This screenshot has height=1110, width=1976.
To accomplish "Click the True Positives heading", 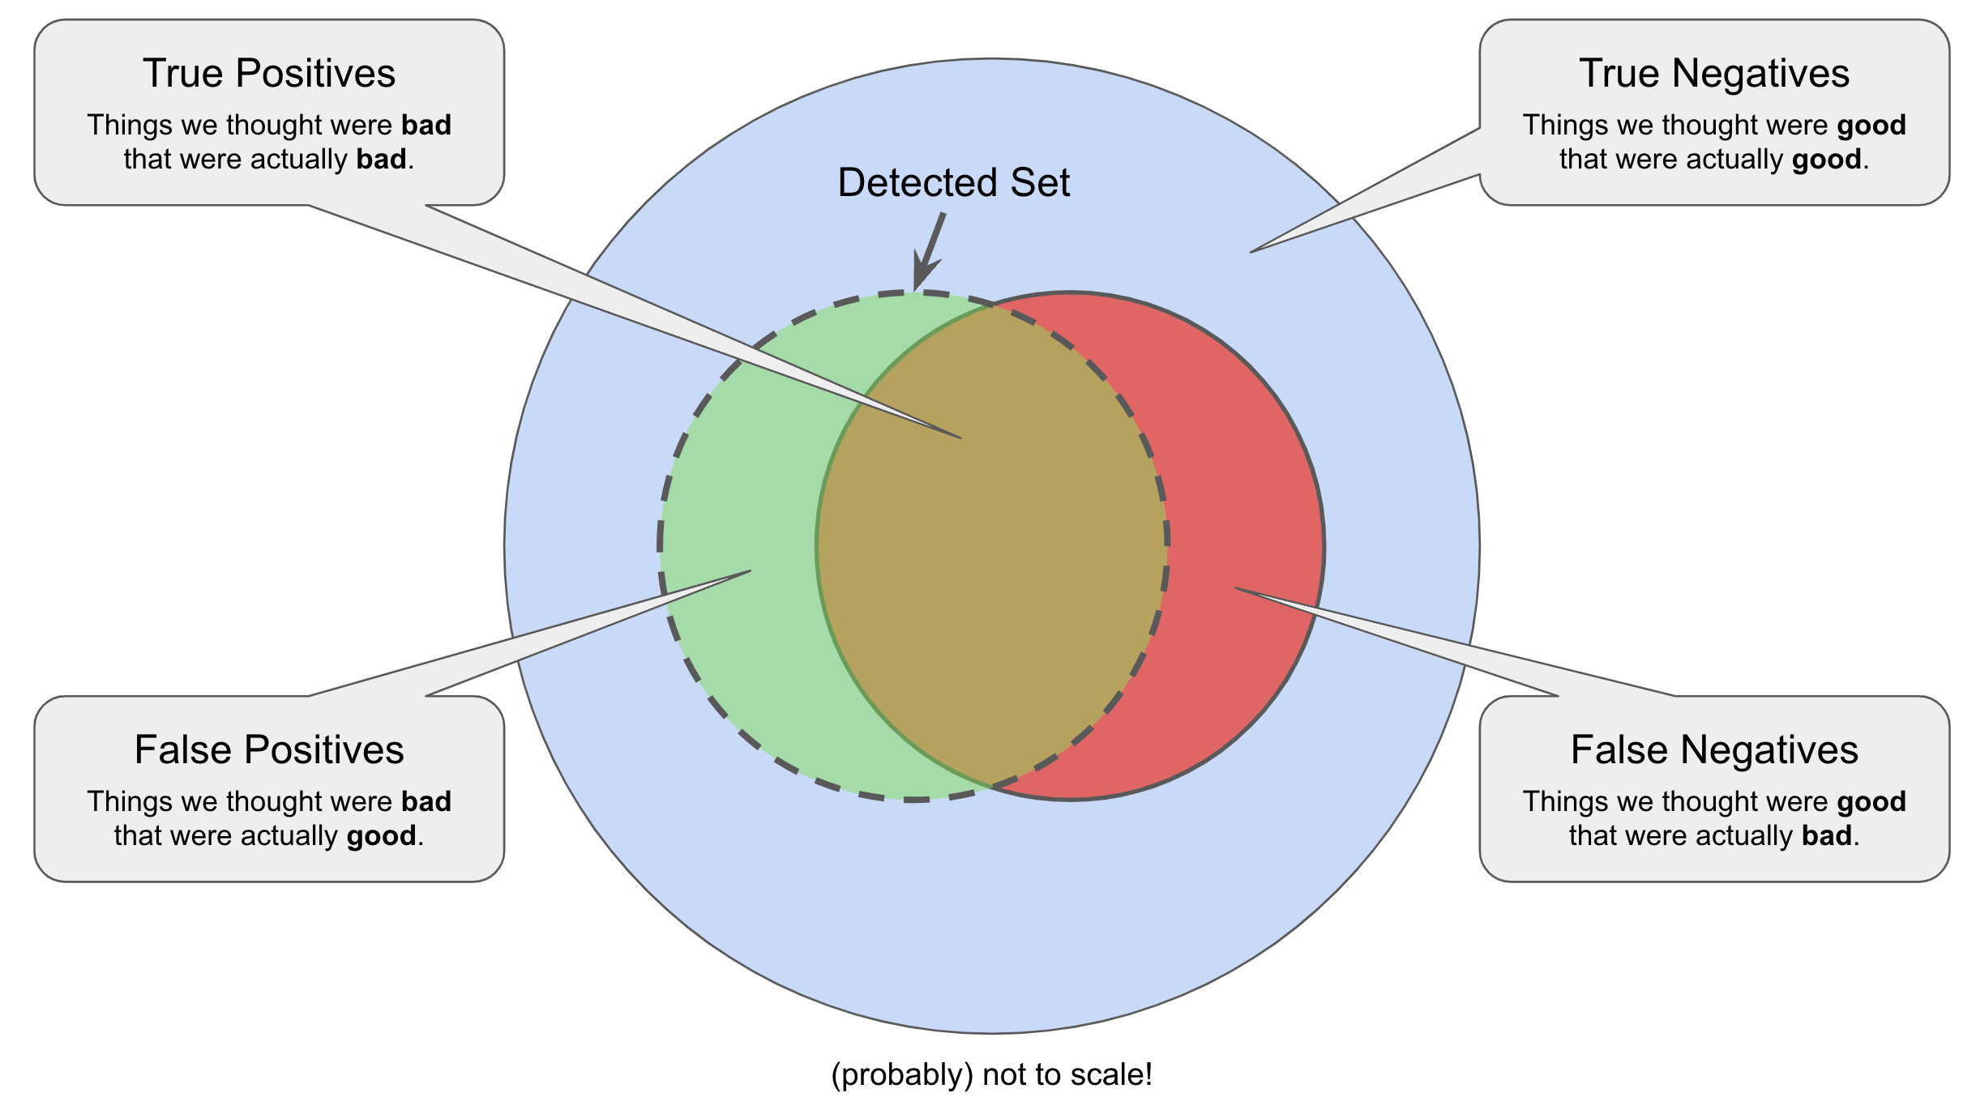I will click(269, 74).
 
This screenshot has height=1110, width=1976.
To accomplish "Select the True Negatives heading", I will click(1713, 74).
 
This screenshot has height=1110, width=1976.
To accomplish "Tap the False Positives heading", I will click(269, 749).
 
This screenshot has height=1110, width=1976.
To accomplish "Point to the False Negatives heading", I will click(1713, 749).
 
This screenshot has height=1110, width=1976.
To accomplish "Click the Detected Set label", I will click(953, 182).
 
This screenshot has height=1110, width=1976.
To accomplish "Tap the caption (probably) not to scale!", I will click(991, 1074).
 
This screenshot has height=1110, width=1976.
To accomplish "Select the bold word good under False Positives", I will click(381, 835).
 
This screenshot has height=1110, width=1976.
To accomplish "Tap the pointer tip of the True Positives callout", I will click(960, 438).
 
